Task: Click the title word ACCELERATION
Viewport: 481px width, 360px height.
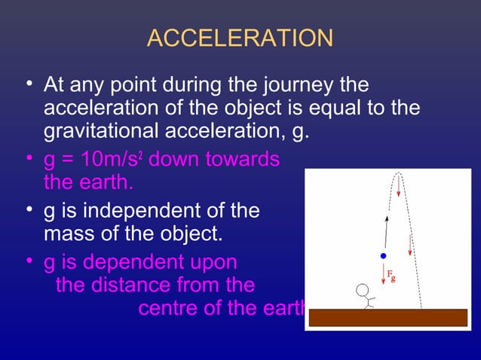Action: [240, 38]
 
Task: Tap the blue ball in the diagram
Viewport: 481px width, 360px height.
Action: [383, 256]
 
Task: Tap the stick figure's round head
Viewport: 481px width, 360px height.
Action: [363, 291]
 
